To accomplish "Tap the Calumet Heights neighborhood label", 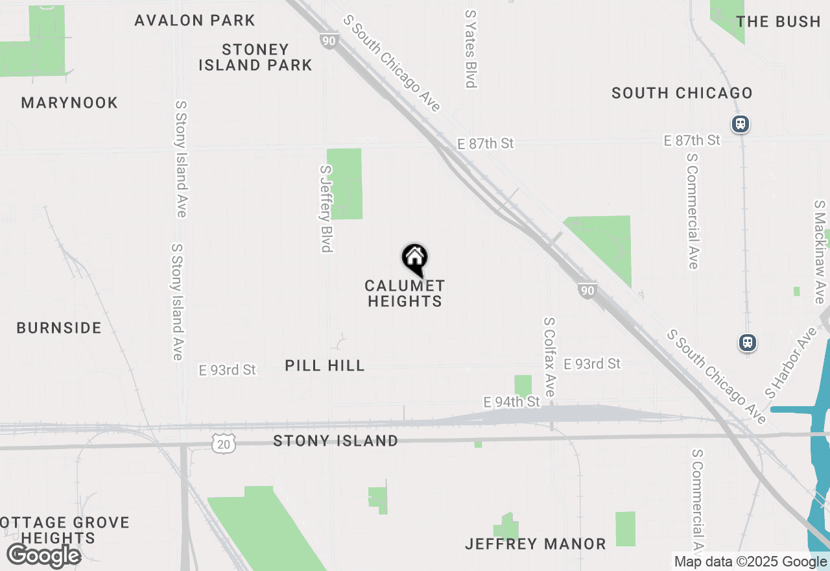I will pos(405,293).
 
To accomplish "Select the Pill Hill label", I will pos(325,365).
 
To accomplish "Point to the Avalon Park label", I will pos(195,20).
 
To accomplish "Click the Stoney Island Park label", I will pos(255,57).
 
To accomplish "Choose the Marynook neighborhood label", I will pos(69,103).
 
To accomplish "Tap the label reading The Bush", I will pos(779,21).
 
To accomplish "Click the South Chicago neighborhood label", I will pos(682,93).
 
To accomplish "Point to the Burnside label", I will pos(59,328).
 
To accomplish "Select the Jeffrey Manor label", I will pos(536,544).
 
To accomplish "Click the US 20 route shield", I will pos(223,443).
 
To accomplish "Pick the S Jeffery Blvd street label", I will pos(326,208).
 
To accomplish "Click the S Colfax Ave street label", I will pos(550,357).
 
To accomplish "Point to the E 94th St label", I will pos(512,402).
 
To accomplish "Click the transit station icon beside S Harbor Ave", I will pos(748,342).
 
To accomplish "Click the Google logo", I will pos(43,555).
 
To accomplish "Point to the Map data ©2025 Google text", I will pos(750,562).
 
